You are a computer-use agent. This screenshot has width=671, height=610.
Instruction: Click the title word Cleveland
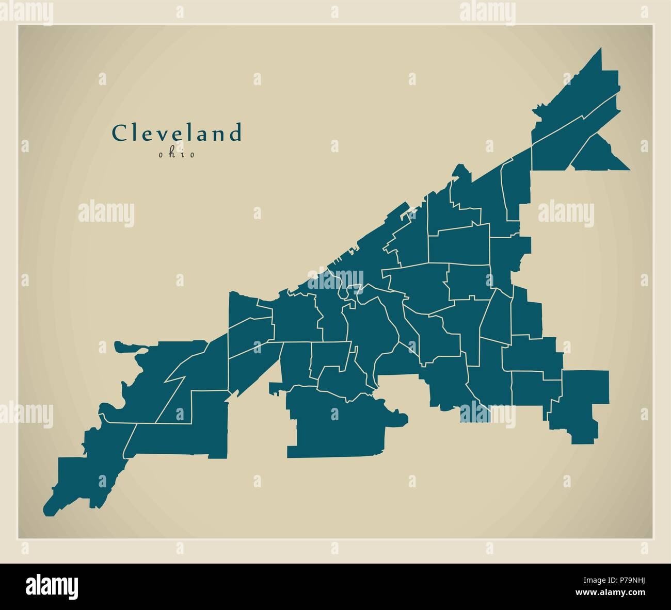pos(177,133)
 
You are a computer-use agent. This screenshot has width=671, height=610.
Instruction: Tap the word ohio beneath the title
pos(177,154)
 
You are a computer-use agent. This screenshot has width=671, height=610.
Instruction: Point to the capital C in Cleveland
pos(119,134)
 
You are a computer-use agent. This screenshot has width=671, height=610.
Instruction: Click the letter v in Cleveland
pos(160,135)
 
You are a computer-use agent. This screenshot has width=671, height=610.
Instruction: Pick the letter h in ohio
pos(171,154)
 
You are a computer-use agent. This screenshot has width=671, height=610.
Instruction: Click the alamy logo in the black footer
pos(53,586)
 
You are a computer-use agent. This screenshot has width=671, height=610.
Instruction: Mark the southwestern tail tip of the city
pos(46,512)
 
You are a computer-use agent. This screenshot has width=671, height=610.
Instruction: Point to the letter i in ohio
pos(183,154)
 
